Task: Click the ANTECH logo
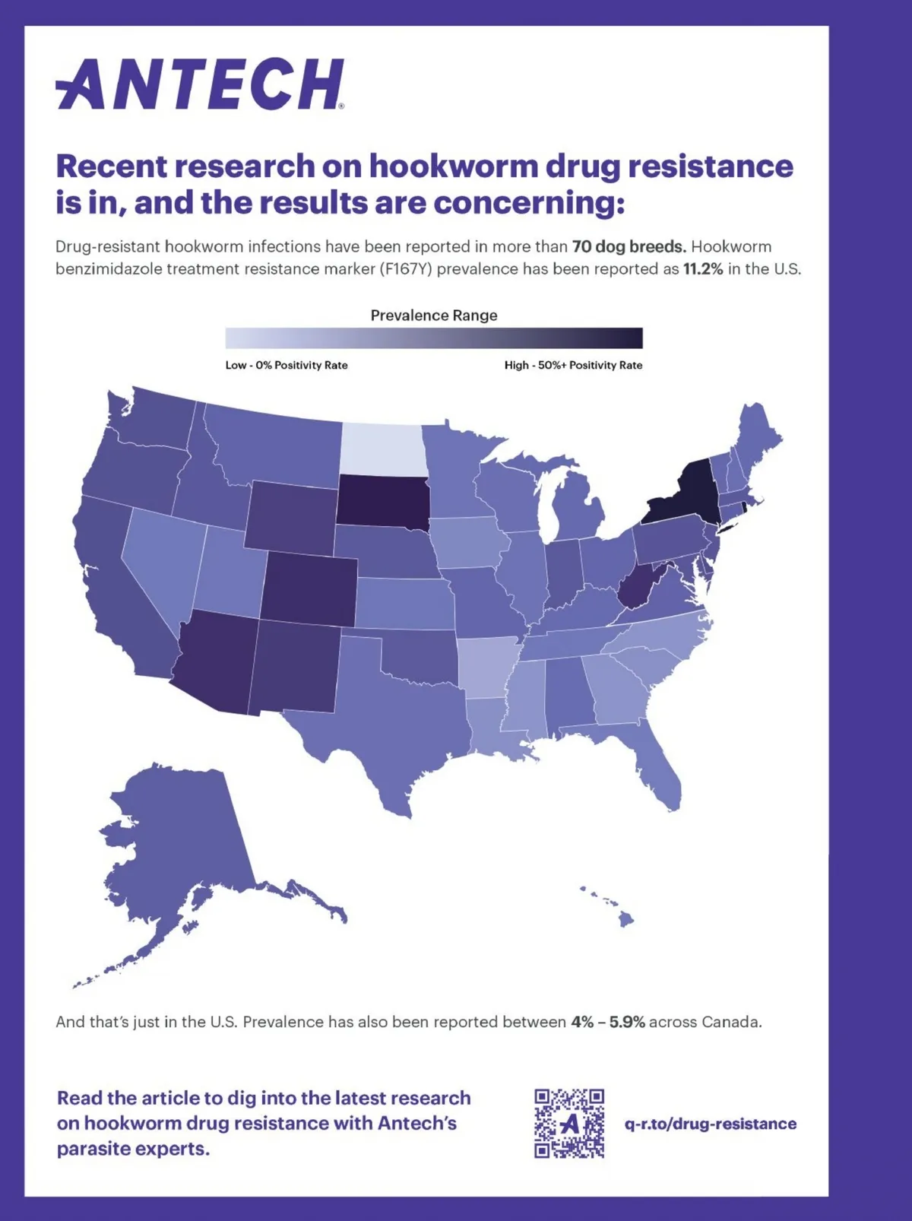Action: (199, 84)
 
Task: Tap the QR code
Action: (569, 1123)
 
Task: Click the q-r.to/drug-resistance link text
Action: (711, 1124)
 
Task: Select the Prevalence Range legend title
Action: (434, 316)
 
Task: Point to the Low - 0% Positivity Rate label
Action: (287, 365)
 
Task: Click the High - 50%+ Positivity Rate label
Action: (573, 365)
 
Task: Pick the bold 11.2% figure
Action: (703, 269)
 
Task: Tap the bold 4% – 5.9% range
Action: (608, 1022)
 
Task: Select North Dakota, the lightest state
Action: (380, 449)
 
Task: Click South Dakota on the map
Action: (382, 502)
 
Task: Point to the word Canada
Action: (730, 1022)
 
